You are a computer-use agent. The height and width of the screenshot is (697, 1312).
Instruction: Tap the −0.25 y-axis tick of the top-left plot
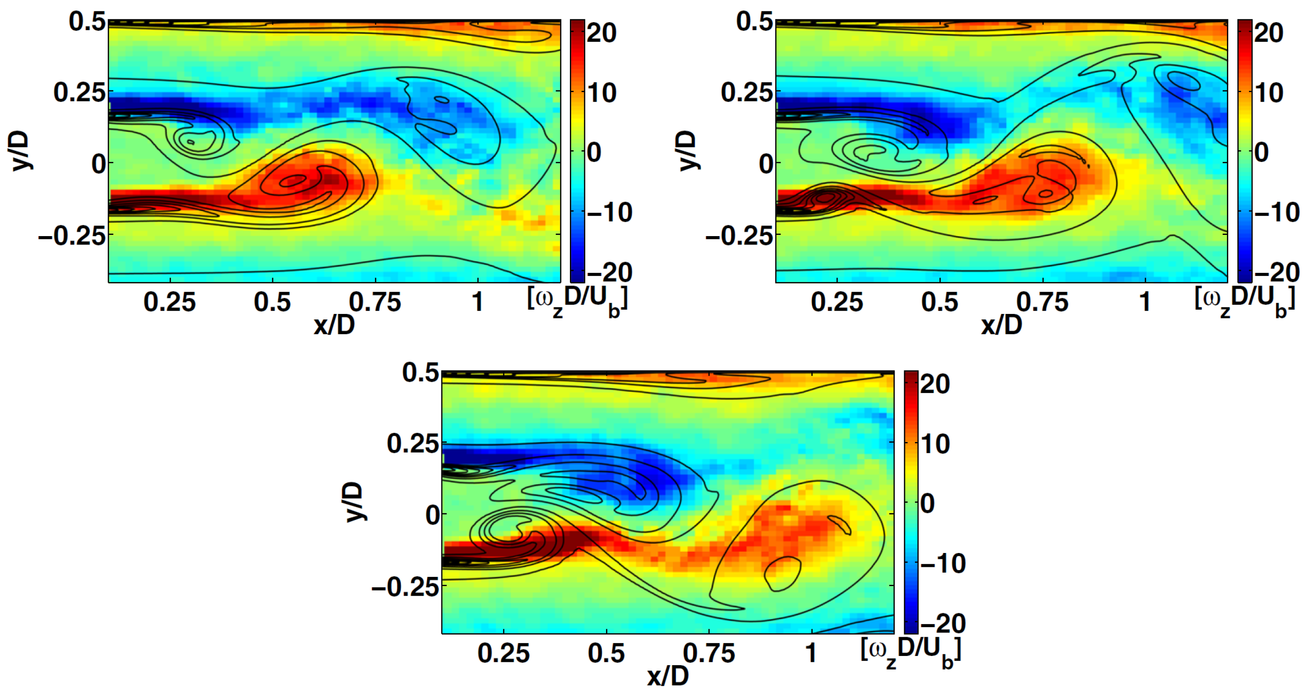pyautogui.click(x=72, y=236)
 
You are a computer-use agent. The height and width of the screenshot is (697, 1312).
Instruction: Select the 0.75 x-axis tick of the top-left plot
pyautogui.click(x=375, y=302)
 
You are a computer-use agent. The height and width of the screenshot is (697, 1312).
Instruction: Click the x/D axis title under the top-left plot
pyautogui.click(x=334, y=324)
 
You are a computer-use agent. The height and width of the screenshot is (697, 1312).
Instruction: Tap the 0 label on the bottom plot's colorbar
pyautogui.click(x=928, y=504)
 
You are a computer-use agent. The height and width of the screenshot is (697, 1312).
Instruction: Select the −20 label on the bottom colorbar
pyautogui.click(x=943, y=624)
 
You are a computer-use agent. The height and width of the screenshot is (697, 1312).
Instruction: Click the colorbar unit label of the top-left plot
pyautogui.click(x=577, y=301)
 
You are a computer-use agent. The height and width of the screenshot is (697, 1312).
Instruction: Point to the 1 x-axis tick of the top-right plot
pyautogui.click(x=1144, y=302)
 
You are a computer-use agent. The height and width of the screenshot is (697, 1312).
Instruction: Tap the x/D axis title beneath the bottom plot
pyautogui.click(x=668, y=676)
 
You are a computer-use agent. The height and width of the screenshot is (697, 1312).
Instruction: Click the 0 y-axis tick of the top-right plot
pyautogui.click(x=766, y=165)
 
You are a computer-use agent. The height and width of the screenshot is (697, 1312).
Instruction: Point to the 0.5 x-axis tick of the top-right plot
pyautogui.click(x=940, y=302)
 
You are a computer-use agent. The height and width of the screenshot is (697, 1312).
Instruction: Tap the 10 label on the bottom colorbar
pyautogui.click(x=935, y=444)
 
